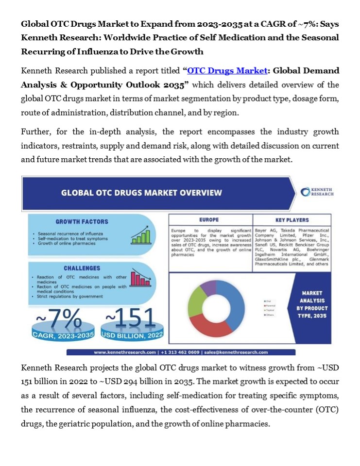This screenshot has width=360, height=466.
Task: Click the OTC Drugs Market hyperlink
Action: click(x=227, y=71)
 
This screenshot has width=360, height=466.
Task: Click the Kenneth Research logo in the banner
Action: click(x=317, y=192)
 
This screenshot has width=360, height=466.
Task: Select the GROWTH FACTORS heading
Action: click(x=82, y=221)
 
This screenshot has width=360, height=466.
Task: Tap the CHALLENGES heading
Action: click(x=82, y=268)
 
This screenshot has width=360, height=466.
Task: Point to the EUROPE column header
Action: click(x=209, y=220)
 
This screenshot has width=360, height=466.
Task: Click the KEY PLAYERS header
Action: click(x=291, y=220)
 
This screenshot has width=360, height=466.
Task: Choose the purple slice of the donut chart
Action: click(x=208, y=287)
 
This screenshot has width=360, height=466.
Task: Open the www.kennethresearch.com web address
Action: click(x=125, y=352)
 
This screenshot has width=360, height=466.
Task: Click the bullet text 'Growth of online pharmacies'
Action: click(x=67, y=243)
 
